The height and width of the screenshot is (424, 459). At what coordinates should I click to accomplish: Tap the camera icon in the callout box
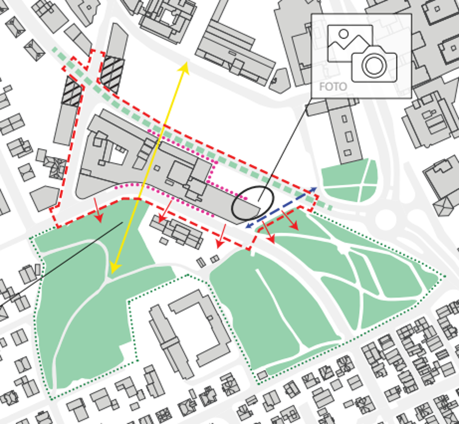point(374,63)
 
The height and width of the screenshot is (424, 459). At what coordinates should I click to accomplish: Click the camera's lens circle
point(374,65)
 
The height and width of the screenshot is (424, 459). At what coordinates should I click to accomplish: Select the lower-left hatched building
point(72,91)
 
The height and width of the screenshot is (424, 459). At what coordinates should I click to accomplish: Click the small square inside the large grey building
point(157,168)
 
